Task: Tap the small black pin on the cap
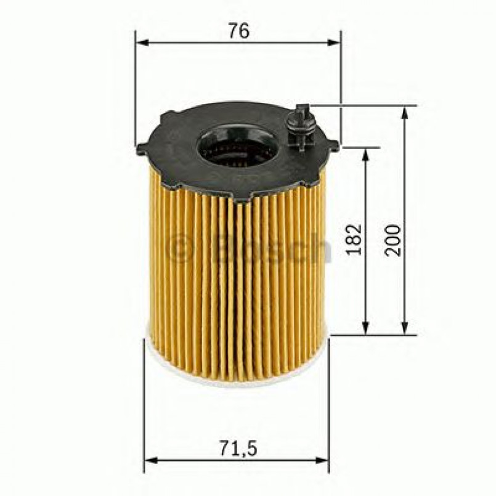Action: tap(301, 126)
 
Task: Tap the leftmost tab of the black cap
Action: tap(142, 148)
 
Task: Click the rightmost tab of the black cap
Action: tap(333, 145)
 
